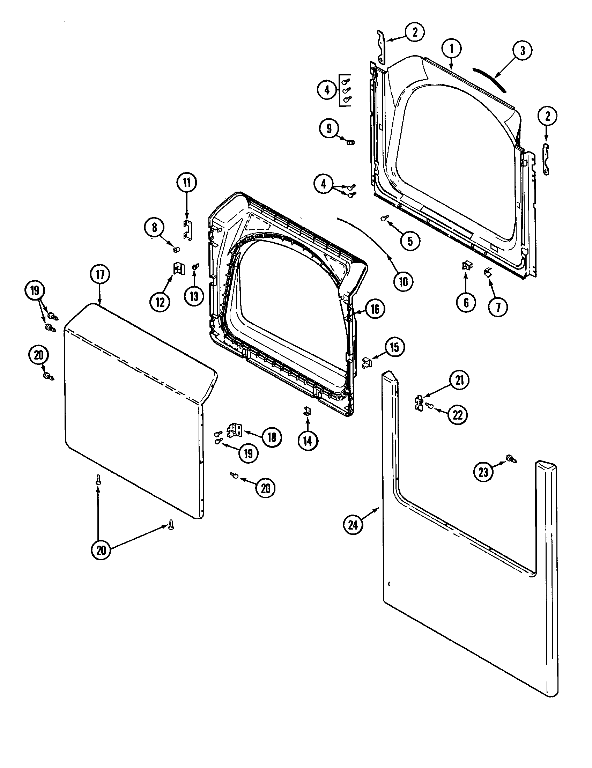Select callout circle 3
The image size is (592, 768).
click(522, 51)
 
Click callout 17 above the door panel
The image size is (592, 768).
click(100, 275)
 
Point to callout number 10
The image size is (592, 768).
click(403, 282)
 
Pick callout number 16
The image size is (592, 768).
click(375, 309)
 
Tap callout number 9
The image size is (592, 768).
click(329, 128)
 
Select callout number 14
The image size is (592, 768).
click(308, 441)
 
